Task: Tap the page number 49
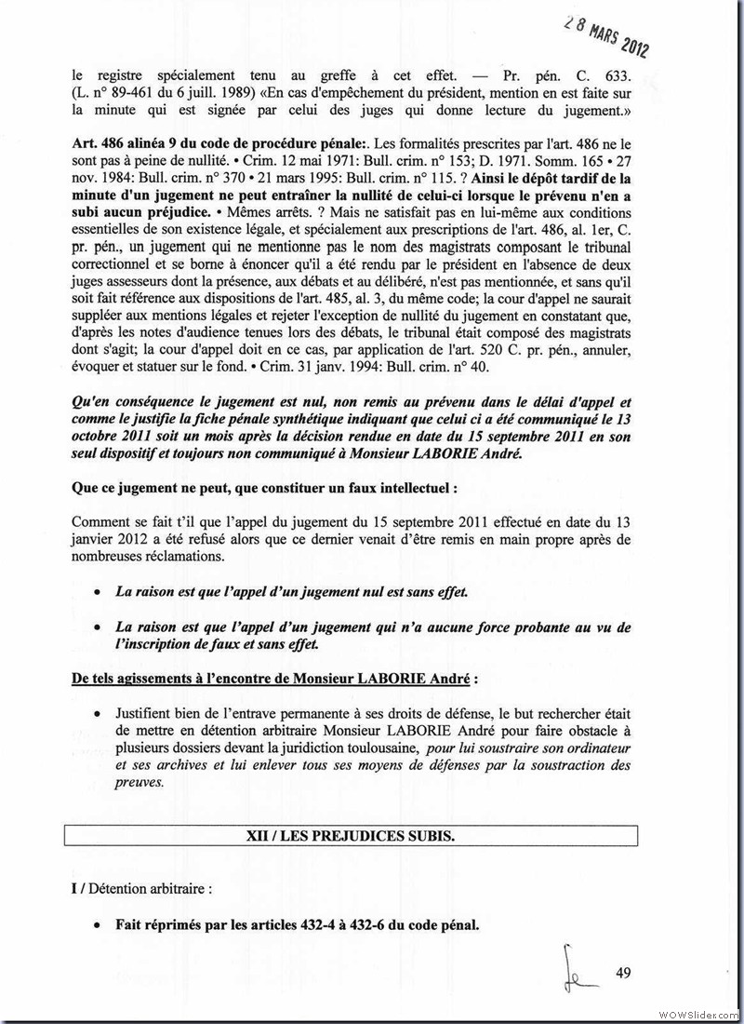click(623, 974)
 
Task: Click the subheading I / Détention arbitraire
click(141, 888)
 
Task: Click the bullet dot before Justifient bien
click(99, 713)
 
